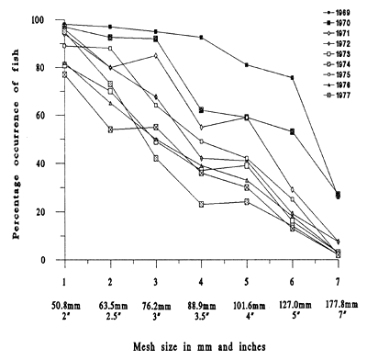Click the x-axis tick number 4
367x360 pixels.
tap(201, 277)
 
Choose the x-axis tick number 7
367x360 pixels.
tap(339, 277)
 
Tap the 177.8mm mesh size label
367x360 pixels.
tap(338, 298)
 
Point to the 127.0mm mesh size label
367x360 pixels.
tap(292, 298)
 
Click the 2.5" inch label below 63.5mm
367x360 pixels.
tap(110, 311)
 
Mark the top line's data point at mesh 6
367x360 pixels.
tap(293, 78)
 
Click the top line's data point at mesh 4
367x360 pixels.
tap(201, 37)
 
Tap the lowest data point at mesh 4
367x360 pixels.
tap(201, 204)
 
